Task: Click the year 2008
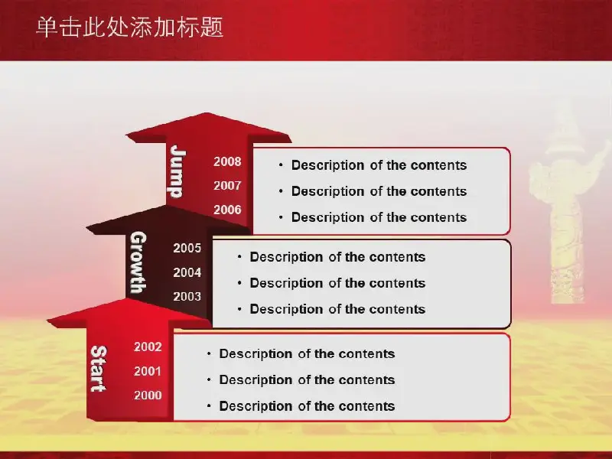(227, 161)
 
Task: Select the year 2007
(227, 185)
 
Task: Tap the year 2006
(227, 210)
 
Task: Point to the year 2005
(187, 248)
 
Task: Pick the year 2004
(187, 272)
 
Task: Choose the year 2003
(187, 296)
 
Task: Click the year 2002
(148, 347)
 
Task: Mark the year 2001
(148, 371)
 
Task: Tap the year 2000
(148, 395)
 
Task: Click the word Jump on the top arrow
(177, 171)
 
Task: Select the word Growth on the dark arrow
(138, 262)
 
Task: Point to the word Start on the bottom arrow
(99, 369)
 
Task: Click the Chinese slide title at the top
(129, 28)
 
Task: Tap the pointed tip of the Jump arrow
(207, 113)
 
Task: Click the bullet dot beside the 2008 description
(281, 165)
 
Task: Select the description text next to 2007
(379, 191)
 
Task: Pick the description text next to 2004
(337, 283)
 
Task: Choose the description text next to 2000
(308, 406)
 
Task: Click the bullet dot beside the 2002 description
(209, 353)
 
